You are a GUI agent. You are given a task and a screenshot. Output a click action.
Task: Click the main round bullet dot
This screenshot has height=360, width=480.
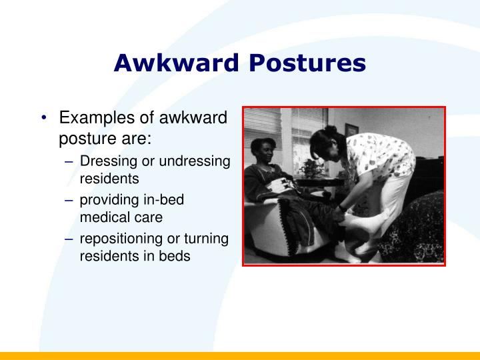tap(43, 119)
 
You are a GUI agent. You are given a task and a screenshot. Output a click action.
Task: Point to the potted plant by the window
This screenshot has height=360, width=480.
tap(311, 167)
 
